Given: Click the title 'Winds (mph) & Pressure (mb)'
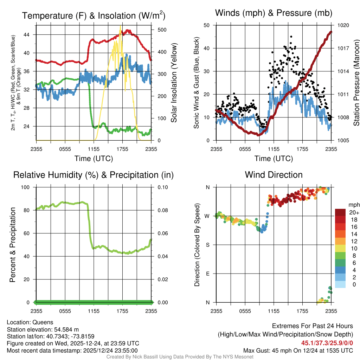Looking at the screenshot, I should [274, 13].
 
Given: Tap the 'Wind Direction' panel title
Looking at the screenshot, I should [274, 175].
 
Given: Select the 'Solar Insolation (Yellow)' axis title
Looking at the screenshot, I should [174, 83].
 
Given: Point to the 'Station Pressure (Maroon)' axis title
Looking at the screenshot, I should [356, 83].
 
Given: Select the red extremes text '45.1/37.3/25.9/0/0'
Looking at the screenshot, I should [327, 343].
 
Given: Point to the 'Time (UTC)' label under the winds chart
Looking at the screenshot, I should [274, 159].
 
